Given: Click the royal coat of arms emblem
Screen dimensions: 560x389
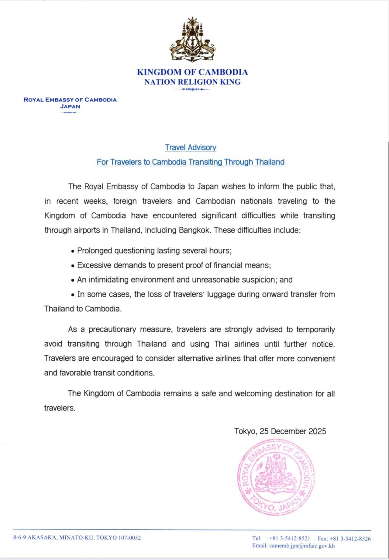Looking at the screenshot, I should tap(192, 40).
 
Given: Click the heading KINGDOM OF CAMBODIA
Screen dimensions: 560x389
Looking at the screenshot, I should tap(192, 72).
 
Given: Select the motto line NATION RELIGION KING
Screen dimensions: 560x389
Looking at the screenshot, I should tap(192, 82).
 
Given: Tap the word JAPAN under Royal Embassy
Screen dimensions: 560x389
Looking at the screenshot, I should tap(70, 107).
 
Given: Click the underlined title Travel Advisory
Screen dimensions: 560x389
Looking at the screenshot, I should tap(191, 148).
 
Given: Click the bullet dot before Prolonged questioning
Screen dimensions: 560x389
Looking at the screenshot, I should tap(73, 251).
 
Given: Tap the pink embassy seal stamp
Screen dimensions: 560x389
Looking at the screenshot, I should tap(276, 477).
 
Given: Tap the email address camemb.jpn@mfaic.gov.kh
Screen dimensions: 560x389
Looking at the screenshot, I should tap(302, 546).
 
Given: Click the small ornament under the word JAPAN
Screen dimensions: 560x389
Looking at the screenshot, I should tap(70, 113).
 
